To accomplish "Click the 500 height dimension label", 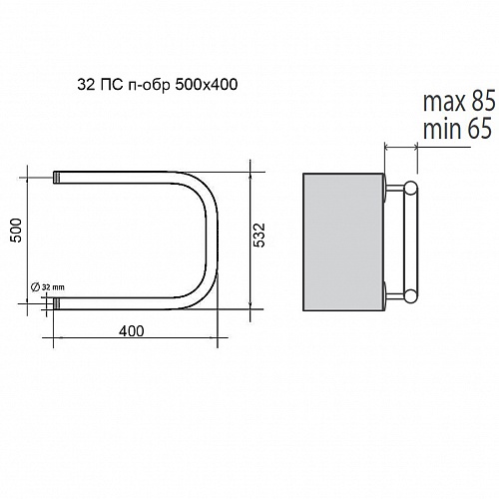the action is [16, 231].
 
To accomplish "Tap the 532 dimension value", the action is [258, 236].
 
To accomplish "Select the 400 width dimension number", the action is [132, 331].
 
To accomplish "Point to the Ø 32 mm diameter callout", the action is [48, 286].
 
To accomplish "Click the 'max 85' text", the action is [459, 102].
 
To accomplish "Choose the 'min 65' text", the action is [457, 129].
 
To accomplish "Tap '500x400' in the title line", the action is [207, 85].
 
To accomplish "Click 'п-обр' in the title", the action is [149, 86].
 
